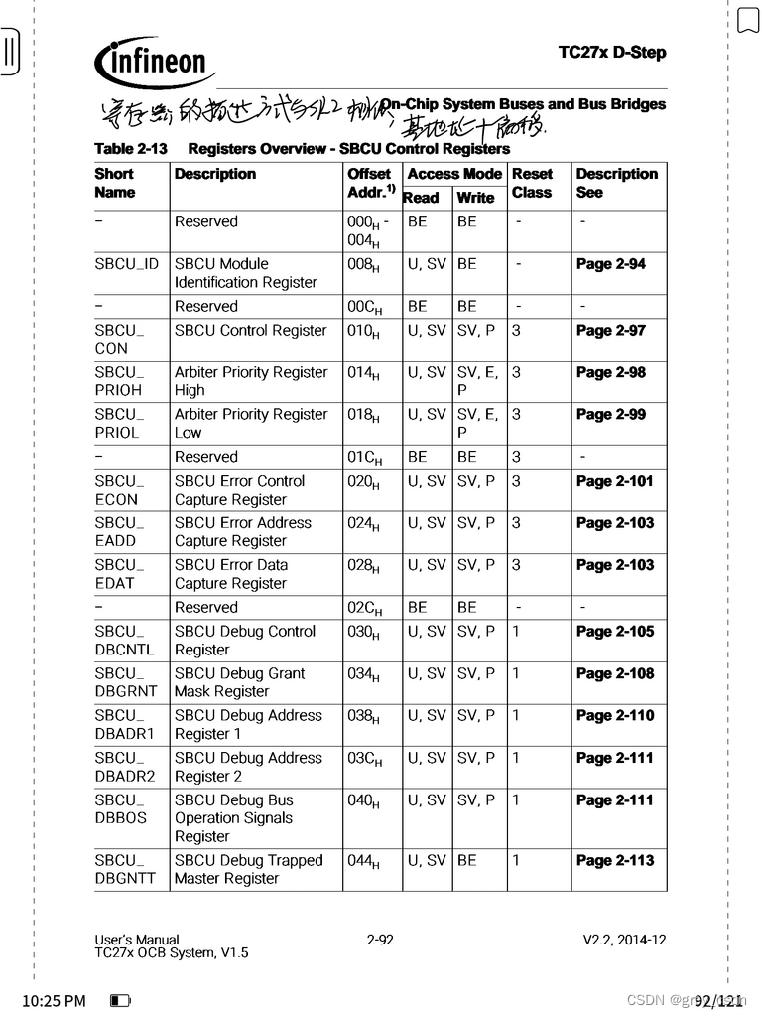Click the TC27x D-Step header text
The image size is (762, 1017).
[x=611, y=52]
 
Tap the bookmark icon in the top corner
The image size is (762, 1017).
[x=747, y=20]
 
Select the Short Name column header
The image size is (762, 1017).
[x=115, y=183]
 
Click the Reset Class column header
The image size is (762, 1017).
[x=532, y=183]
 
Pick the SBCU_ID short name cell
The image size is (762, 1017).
[x=126, y=264]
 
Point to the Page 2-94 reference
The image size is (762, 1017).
[x=610, y=264]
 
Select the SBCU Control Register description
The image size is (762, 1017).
[x=250, y=331]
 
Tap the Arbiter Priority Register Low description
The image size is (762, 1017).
[x=250, y=423]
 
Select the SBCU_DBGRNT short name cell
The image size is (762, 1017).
[x=126, y=682]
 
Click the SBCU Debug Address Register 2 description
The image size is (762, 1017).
[x=248, y=767]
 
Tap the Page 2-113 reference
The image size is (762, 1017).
[x=614, y=861]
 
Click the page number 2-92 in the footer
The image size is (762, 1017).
[x=380, y=940]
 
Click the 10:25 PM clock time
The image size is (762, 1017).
[x=54, y=1001]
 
